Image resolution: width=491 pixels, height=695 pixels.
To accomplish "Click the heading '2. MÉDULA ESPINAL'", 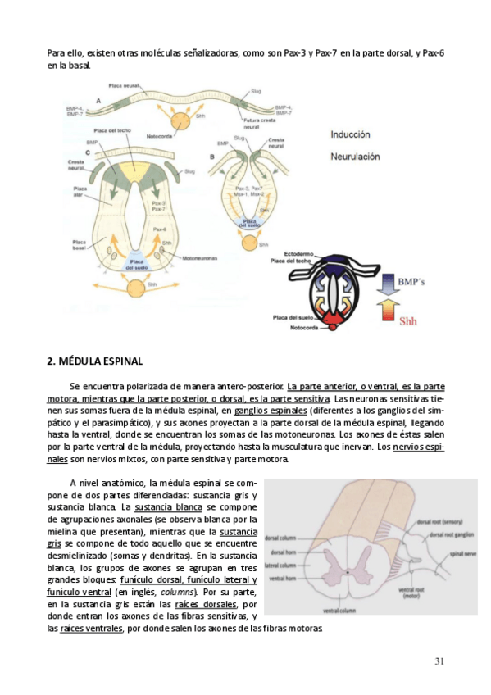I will [95, 361].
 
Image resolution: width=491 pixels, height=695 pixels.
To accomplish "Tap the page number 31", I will [439, 661].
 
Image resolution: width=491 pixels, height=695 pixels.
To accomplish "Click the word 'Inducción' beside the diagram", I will [351, 134].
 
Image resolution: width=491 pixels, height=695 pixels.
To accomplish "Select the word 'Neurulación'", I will [357, 155].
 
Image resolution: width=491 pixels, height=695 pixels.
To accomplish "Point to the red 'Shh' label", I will [408, 321].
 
